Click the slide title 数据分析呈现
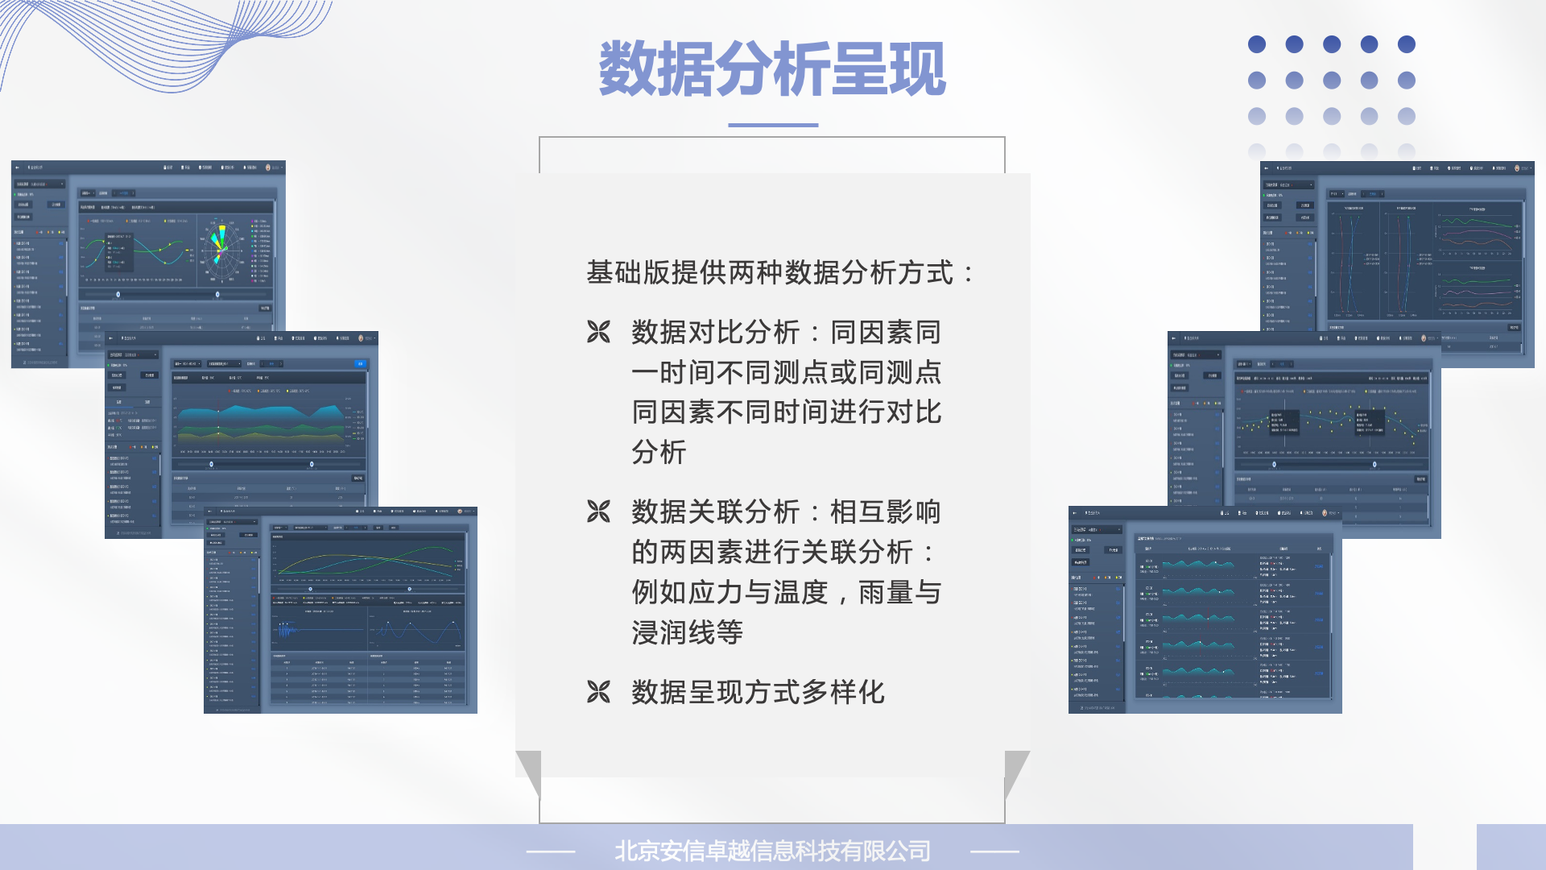[x=771, y=69]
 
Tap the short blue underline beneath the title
[x=773, y=125]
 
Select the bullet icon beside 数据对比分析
[x=598, y=332]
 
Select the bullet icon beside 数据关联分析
[x=598, y=512]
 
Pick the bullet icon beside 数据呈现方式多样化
[x=598, y=692]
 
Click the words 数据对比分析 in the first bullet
[x=716, y=332]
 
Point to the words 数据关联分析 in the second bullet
[x=716, y=512]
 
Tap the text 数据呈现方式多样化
[x=758, y=692]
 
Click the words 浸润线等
[x=687, y=632]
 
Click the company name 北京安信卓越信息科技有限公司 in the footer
[x=772, y=851]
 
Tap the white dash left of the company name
[x=551, y=851]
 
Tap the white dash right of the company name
[x=994, y=851]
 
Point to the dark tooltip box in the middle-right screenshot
[x=1284, y=422]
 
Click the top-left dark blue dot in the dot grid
[x=1256, y=44]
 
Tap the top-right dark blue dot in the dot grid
[x=1407, y=44]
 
